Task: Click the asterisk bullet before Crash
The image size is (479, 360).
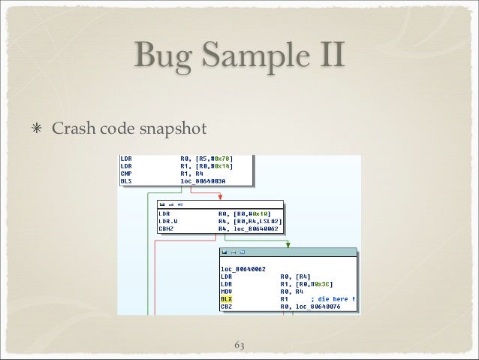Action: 36,129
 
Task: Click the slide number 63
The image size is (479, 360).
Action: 239,345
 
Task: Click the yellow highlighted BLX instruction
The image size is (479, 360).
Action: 226,298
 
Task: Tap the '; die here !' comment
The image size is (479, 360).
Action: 330,298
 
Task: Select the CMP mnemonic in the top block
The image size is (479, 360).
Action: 126,174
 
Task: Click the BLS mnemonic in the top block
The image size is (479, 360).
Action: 126,181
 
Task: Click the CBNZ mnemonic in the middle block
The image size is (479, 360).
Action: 167,229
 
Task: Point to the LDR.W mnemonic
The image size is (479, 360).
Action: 167,221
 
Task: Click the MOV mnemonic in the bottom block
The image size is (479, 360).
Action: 226,291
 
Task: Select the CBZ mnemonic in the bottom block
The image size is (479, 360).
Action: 226,306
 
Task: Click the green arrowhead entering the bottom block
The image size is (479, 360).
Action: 287,243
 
